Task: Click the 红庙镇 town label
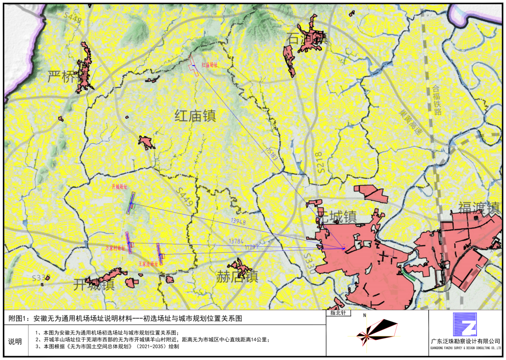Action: (195, 116)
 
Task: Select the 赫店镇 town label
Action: (237, 276)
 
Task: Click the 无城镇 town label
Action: (337, 216)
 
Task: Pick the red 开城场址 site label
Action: (119, 186)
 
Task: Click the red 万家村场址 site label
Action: (115, 249)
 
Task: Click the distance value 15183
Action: (272, 154)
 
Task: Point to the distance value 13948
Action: (238, 220)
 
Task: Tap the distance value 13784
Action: (236, 241)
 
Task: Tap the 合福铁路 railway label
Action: (437, 100)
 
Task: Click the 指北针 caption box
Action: (340, 313)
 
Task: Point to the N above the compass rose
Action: (364, 316)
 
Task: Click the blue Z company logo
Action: (464, 324)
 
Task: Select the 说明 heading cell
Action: (15, 341)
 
